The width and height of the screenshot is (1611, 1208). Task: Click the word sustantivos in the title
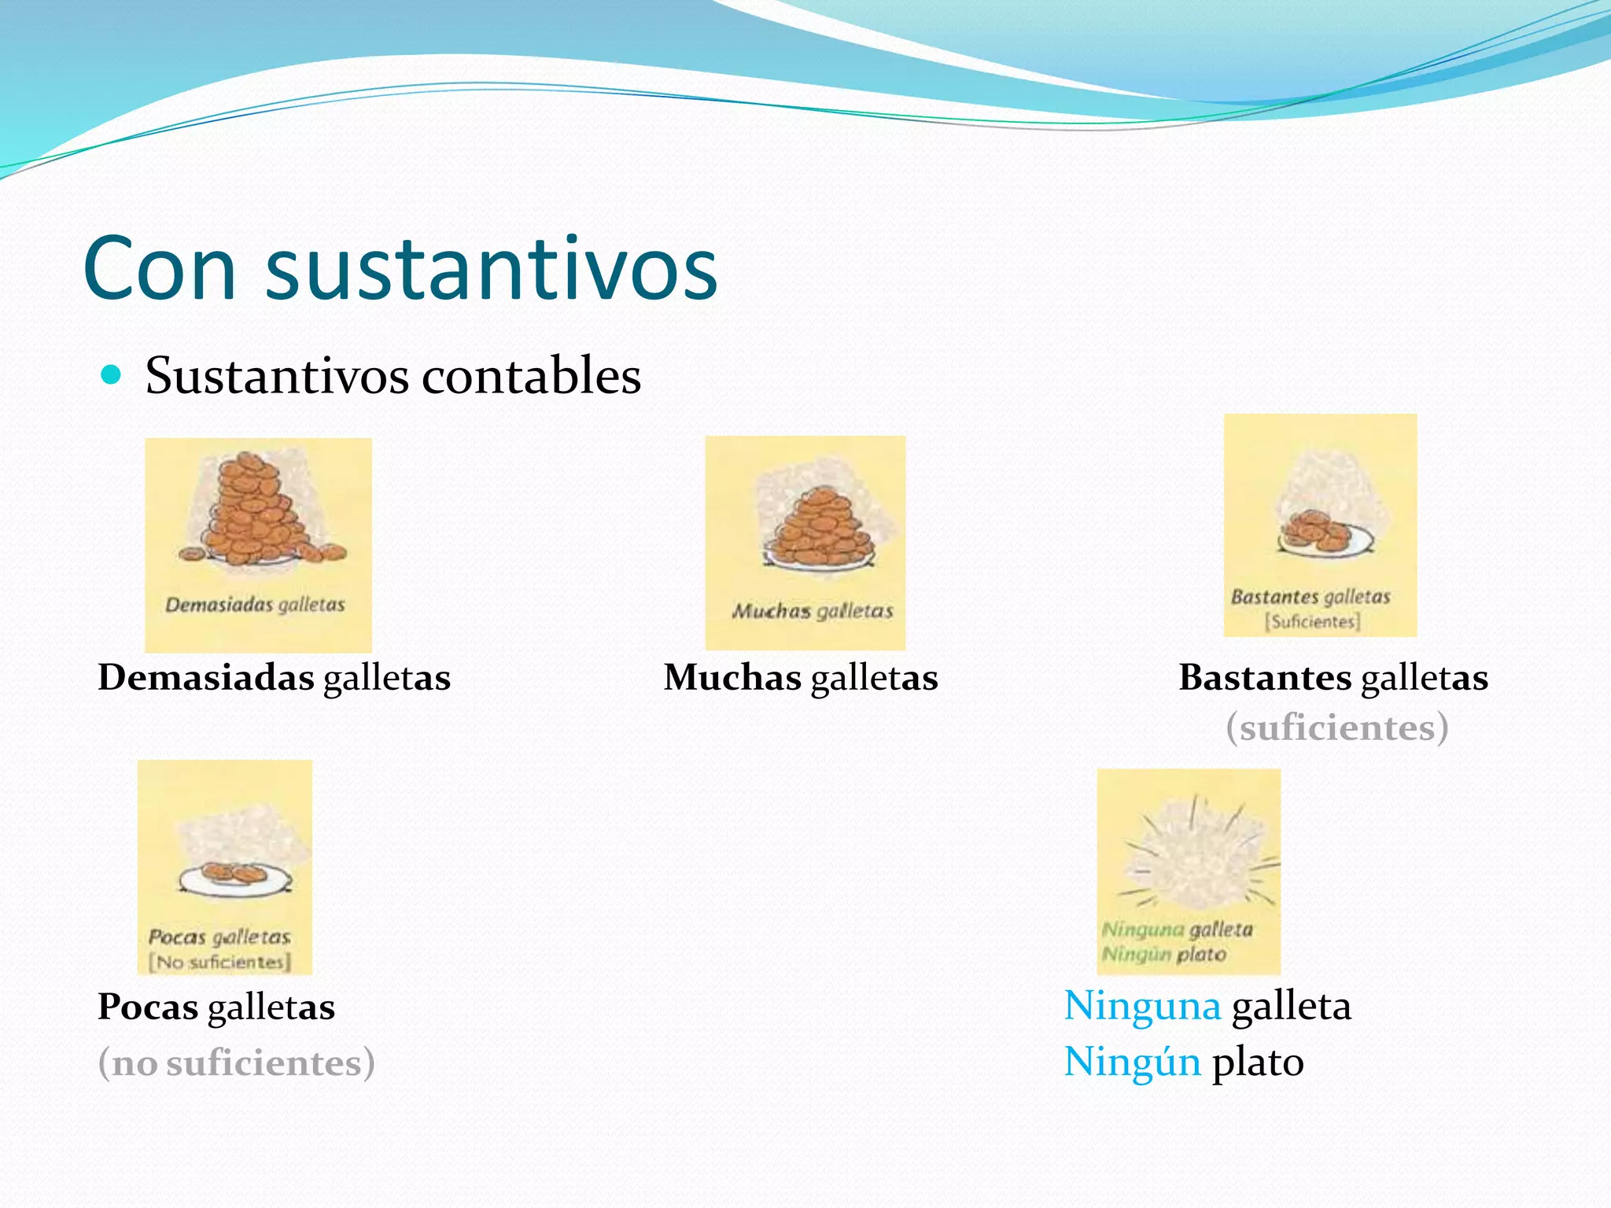click(x=492, y=269)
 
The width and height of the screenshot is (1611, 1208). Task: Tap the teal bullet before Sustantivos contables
click(x=112, y=375)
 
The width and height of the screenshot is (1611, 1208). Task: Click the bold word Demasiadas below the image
click(x=206, y=677)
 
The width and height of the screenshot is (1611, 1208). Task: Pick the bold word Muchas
click(x=732, y=677)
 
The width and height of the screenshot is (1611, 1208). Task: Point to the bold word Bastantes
click(x=1264, y=677)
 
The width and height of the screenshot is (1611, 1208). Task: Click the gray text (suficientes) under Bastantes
click(x=1336, y=727)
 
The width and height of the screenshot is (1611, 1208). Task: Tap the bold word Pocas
click(x=148, y=1007)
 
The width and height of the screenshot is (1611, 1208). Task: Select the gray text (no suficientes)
click(x=236, y=1063)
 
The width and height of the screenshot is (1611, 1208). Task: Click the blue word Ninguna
click(x=1142, y=1006)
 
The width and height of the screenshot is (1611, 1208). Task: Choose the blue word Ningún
click(x=1132, y=1062)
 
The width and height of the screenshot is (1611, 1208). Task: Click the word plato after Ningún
click(x=1258, y=1062)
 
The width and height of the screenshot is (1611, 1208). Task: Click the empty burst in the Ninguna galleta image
click(x=1193, y=861)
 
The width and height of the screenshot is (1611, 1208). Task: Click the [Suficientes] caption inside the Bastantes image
click(x=1312, y=621)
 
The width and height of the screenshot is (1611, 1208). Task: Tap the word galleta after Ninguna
click(x=1291, y=1006)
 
